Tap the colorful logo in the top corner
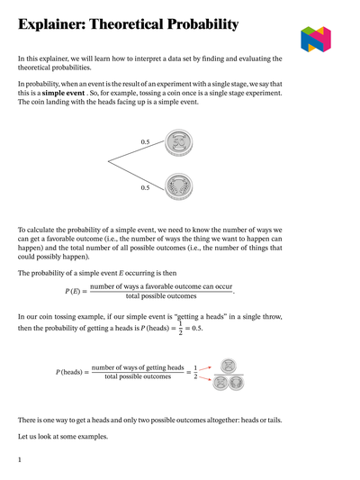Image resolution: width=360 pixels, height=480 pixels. coord(316,39)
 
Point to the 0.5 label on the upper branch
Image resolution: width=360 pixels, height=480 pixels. coord(146,142)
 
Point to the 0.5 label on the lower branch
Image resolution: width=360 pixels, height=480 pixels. coord(146,187)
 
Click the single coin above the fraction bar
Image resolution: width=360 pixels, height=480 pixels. coord(229,366)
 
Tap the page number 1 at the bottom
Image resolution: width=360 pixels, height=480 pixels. coord(20,459)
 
